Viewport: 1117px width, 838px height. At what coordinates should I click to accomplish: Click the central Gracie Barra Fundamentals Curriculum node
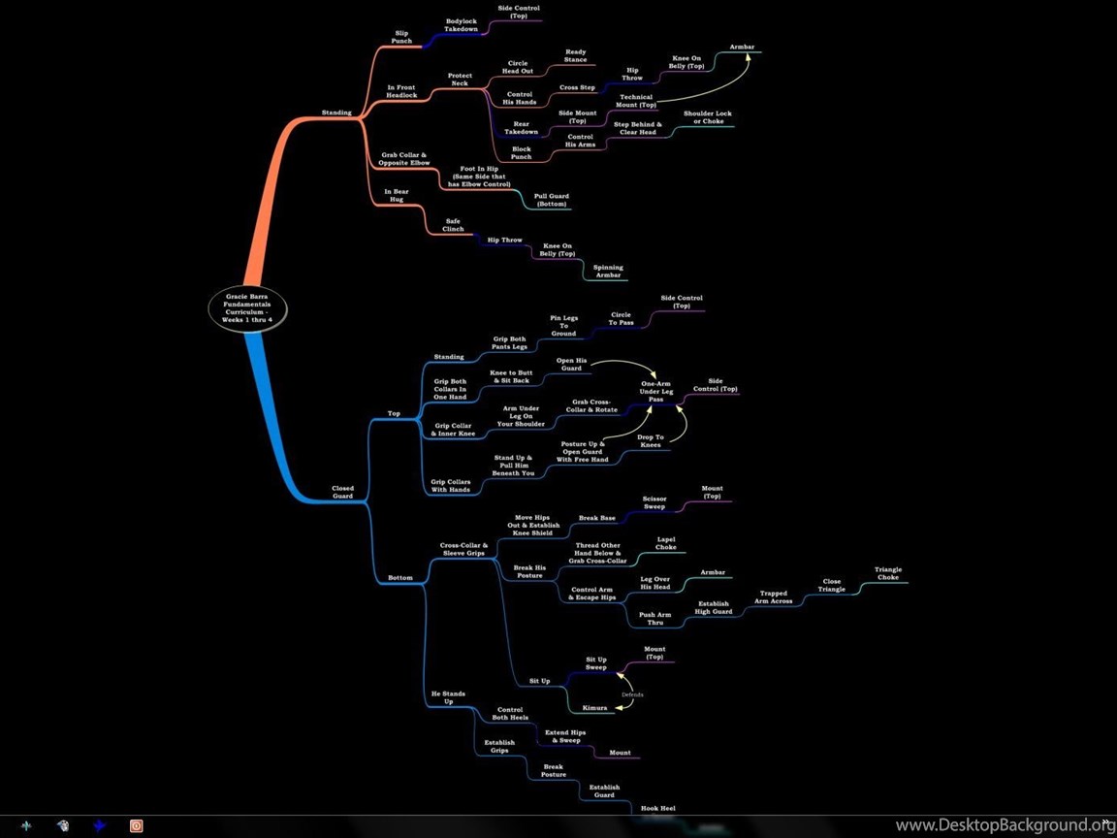[x=248, y=307]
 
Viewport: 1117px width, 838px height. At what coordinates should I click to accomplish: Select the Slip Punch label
[x=401, y=37]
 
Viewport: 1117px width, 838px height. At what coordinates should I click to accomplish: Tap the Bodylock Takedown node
[x=461, y=25]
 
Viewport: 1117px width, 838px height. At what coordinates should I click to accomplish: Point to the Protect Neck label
[x=460, y=80]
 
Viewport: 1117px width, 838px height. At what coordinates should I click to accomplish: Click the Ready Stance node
[x=576, y=55]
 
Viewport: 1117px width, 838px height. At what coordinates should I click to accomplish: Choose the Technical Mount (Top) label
[x=636, y=101]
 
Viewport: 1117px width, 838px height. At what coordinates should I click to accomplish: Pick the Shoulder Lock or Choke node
[x=708, y=116]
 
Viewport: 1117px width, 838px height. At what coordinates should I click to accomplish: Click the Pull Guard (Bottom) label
[x=552, y=200]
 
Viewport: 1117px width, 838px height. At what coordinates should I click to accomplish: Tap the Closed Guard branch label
[x=342, y=492]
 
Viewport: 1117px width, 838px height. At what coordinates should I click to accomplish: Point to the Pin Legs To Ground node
[x=561, y=325]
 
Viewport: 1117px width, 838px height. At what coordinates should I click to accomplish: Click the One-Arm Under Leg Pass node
[x=656, y=391]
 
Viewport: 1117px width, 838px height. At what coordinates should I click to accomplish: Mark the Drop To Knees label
[x=650, y=441]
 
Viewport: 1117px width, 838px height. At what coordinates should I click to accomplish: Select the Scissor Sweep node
[x=654, y=502]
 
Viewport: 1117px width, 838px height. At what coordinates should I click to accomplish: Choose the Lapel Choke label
[x=666, y=543]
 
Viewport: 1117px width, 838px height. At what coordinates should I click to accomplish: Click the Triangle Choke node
[x=888, y=573]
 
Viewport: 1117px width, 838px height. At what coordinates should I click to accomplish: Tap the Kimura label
[x=594, y=708]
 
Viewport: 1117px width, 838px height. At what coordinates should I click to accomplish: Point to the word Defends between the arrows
[x=632, y=694]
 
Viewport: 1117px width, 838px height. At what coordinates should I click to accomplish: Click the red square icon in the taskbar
[x=136, y=826]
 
